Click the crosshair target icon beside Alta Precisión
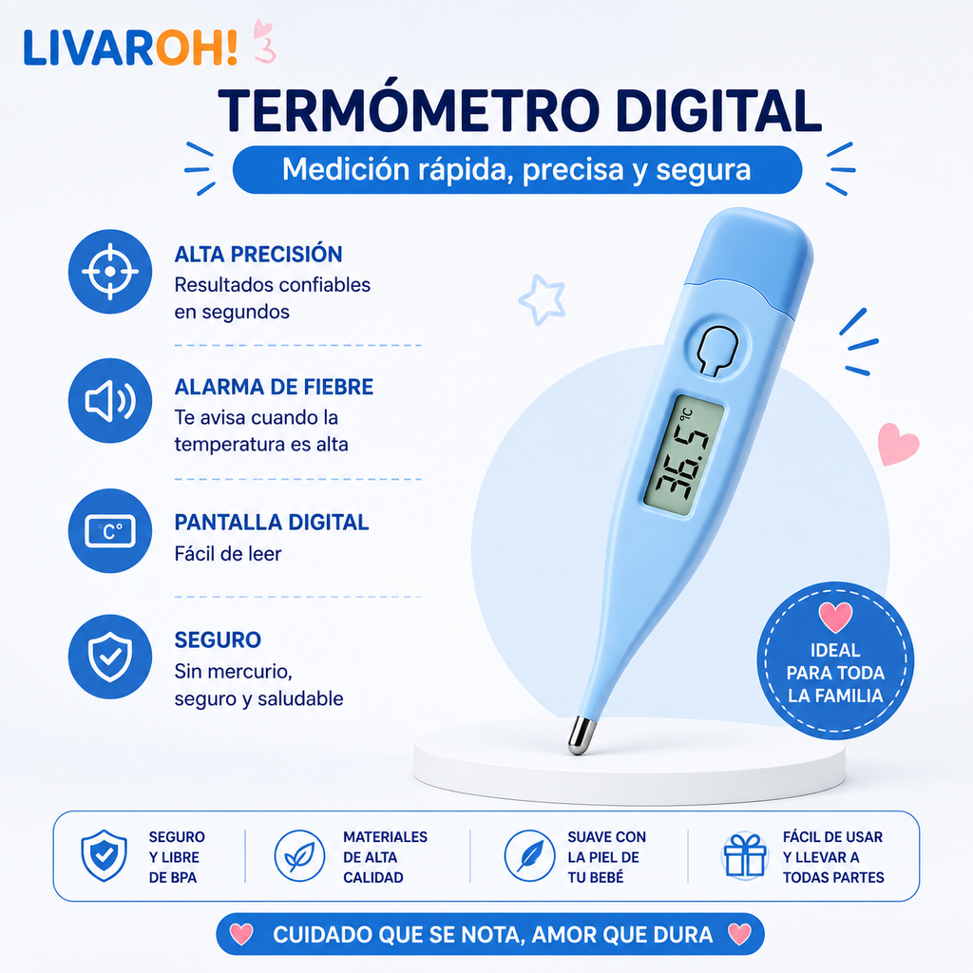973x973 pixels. [110, 271]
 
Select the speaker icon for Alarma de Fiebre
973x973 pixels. [110, 401]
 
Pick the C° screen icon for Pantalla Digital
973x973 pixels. [110, 531]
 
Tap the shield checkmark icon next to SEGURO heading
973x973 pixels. [110, 658]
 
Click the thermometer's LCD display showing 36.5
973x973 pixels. [682, 455]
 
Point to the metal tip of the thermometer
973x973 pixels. [581, 735]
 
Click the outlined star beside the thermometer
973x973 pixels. [543, 299]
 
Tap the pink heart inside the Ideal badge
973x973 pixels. [835, 617]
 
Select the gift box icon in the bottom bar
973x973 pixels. [745, 856]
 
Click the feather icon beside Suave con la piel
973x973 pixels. [529, 856]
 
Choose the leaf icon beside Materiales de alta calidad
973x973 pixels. [299, 856]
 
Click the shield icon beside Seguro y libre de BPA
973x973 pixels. [105, 856]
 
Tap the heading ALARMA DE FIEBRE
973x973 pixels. [274, 387]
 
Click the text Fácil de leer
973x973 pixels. [228, 554]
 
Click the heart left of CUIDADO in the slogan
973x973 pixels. [241, 934]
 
